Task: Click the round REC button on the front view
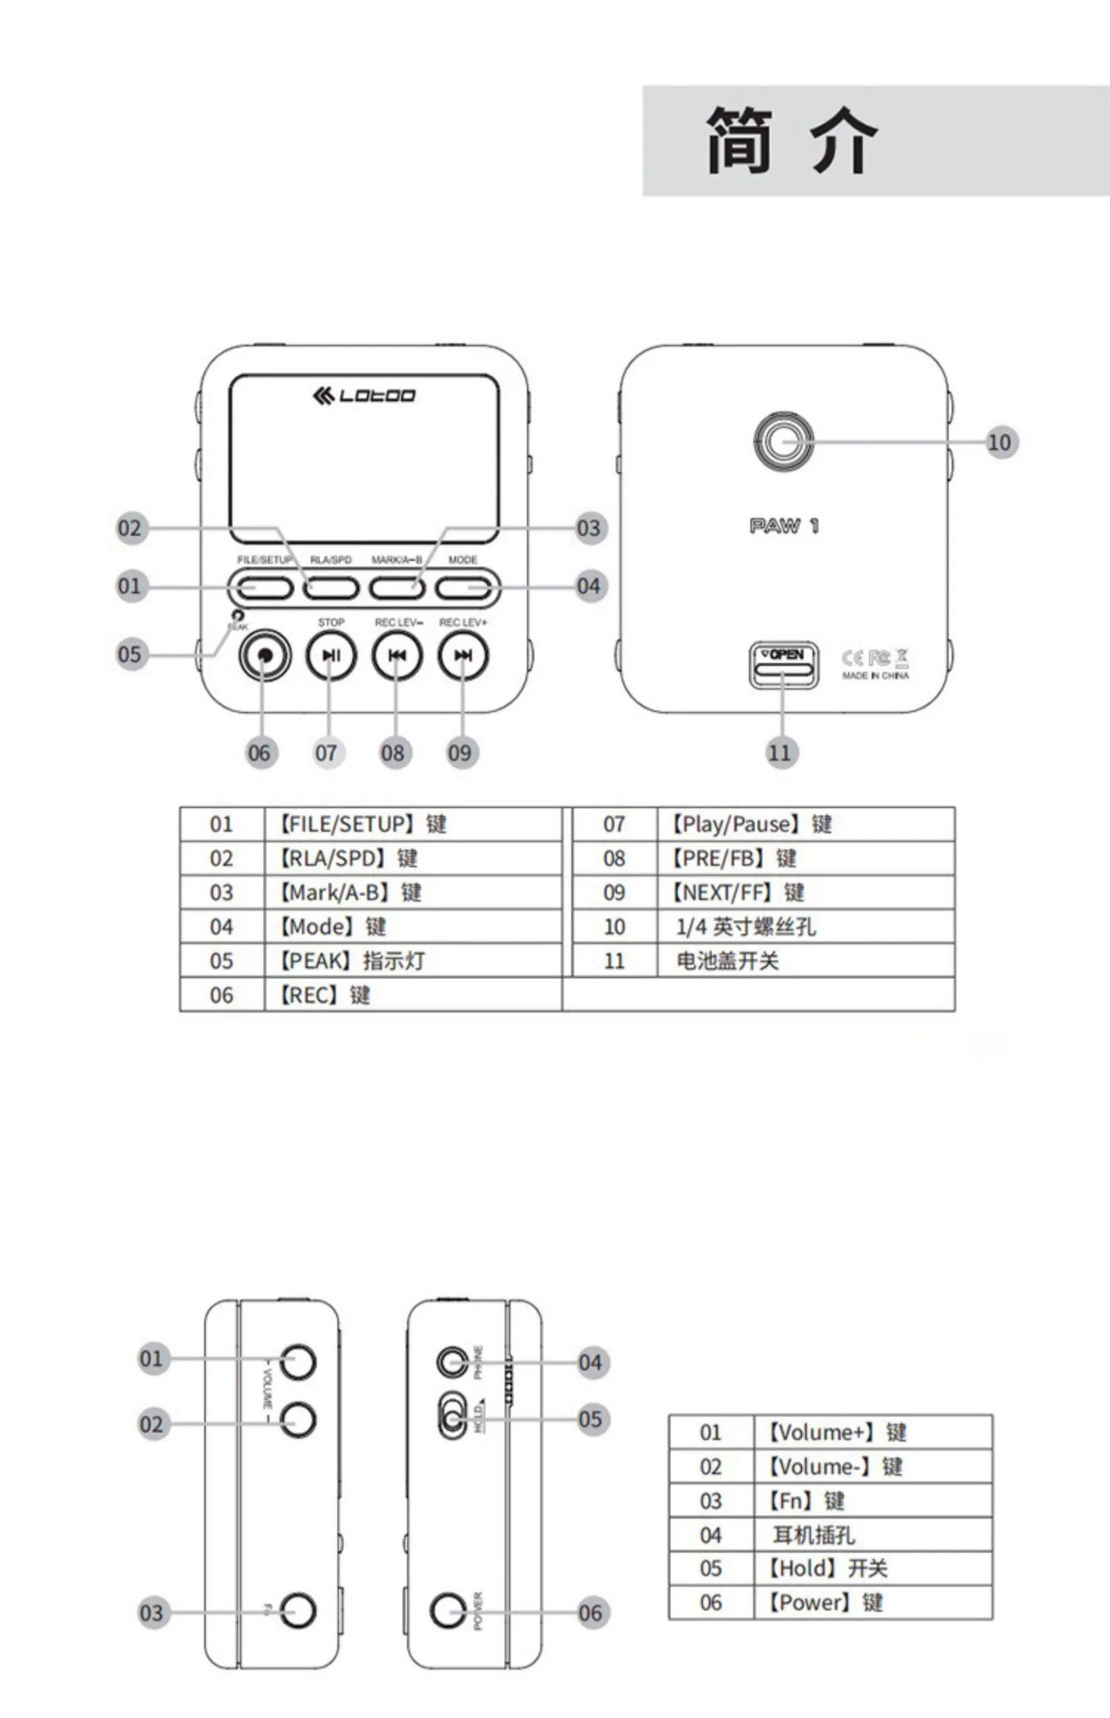(265, 656)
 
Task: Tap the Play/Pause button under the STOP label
(331, 656)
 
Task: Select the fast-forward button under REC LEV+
(463, 656)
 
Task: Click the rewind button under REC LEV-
(397, 656)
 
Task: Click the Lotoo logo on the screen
(363, 396)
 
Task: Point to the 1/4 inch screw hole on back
(783, 442)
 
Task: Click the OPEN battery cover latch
(784, 664)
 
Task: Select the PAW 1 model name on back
(784, 526)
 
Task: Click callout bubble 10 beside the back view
(1000, 442)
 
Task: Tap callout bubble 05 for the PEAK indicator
(130, 655)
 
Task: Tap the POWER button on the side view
(448, 1611)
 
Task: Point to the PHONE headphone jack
(452, 1362)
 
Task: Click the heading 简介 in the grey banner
(791, 140)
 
